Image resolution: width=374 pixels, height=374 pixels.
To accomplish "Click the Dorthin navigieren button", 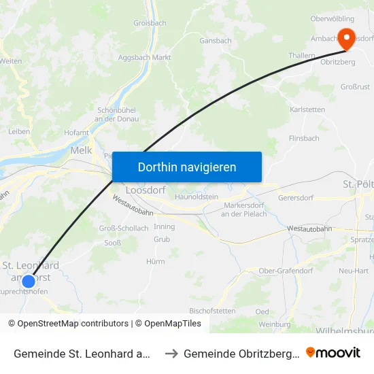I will [x=187, y=167].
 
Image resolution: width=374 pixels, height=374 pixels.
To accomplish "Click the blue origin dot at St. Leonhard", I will [x=29, y=281].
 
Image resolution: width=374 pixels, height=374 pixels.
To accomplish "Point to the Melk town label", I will [x=81, y=151].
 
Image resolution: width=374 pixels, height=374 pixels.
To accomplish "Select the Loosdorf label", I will [x=146, y=190].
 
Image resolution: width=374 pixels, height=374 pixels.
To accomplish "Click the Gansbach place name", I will [x=216, y=41].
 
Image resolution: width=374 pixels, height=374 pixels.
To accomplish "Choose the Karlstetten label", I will [x=307, y=109].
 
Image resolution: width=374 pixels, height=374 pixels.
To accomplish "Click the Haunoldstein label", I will [x=197, y=197].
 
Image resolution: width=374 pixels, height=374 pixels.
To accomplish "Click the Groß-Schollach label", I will [x=124, y=228].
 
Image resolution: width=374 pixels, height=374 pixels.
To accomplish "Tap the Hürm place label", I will [x=156, y=261].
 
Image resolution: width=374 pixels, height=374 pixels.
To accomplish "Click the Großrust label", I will [x=354, y=87].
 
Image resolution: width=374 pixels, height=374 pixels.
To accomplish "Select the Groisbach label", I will [x=150, y=22].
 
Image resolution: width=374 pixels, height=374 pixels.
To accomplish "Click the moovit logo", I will [x=333, y=353].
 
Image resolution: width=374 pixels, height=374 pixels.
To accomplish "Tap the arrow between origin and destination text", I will [x=171, y=353].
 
